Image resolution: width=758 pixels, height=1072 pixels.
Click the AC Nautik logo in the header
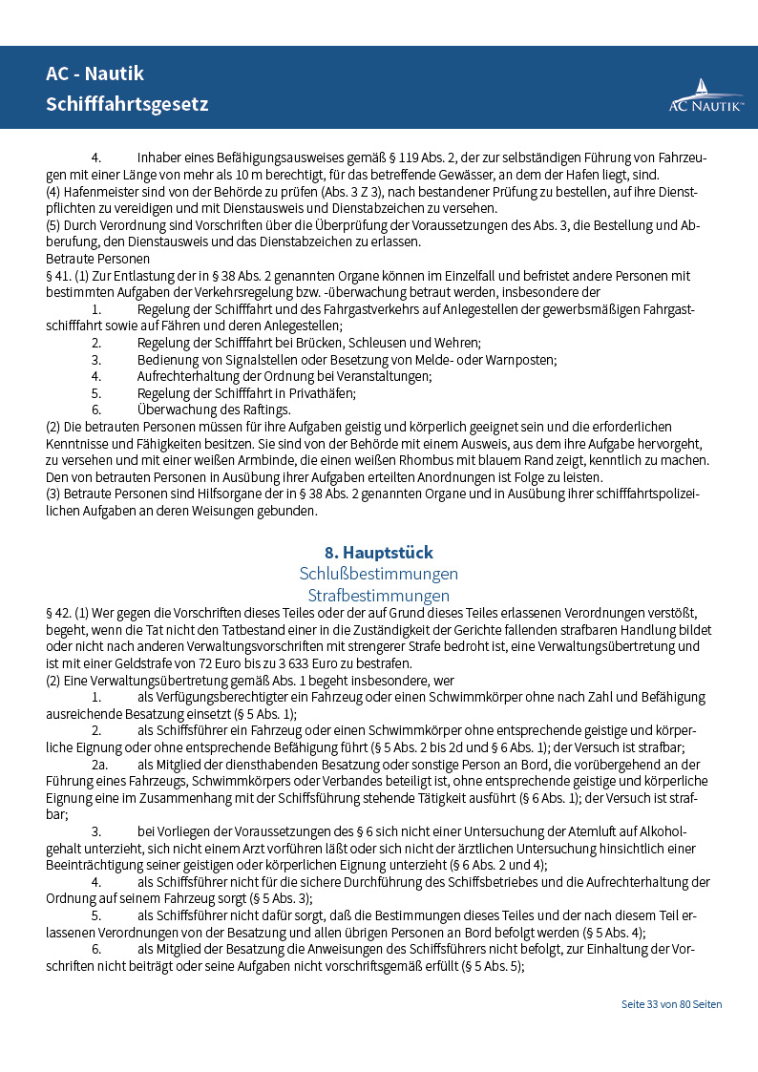coord(705,96)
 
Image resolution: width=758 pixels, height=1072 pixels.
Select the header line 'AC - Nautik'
coord(95,74)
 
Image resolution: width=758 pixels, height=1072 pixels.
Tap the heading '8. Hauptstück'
coord(379,553)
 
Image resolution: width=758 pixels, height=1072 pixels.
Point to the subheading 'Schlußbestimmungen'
coord(379,574)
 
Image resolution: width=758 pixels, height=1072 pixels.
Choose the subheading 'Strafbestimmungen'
coord(379,596)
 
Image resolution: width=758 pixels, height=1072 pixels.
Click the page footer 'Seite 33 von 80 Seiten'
coord(671,1004)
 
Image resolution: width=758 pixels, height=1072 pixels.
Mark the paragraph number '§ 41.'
coord(59,276)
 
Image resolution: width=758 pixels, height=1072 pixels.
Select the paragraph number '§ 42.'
coord(59,613)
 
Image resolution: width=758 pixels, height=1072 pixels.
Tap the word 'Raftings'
coord(264,410)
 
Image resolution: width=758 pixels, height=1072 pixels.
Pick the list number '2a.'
coord(99,765)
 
